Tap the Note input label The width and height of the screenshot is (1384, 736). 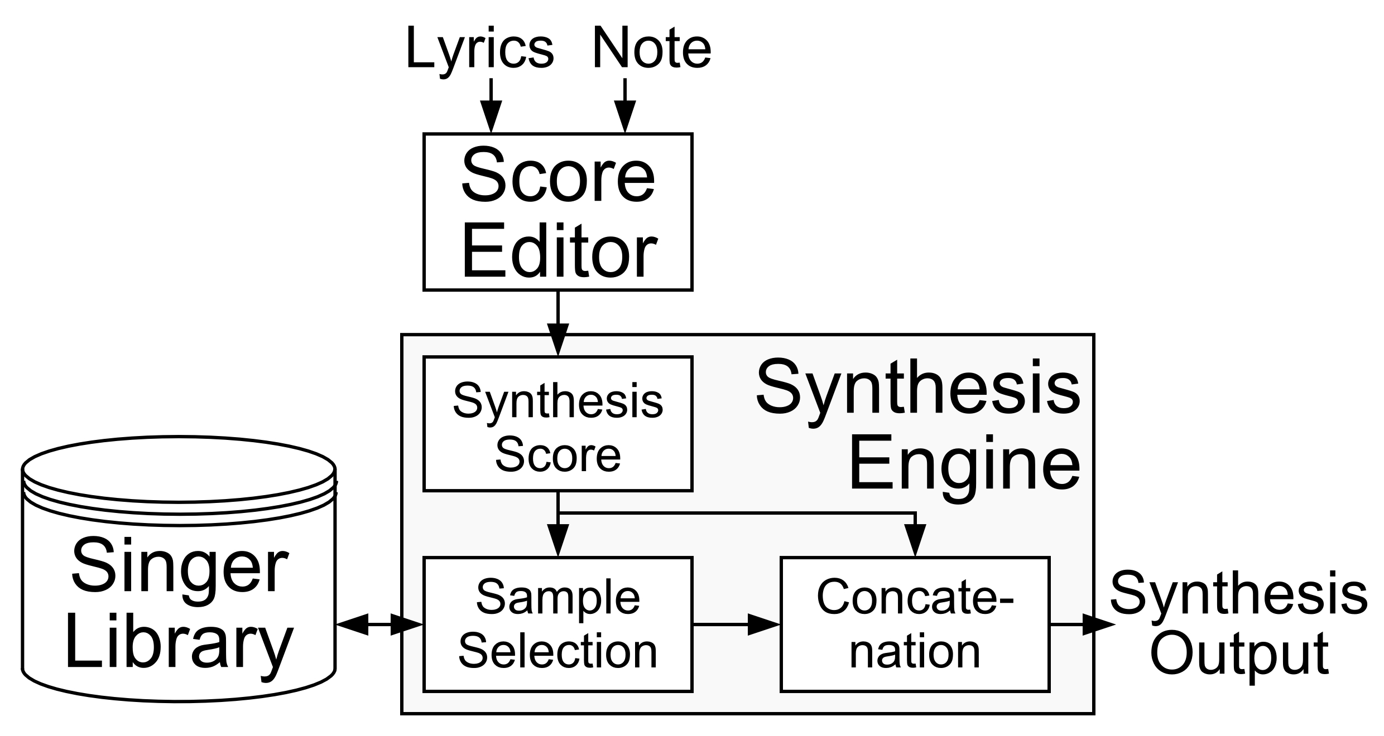651,49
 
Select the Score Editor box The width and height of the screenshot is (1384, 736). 558,212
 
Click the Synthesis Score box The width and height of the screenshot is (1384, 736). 558,424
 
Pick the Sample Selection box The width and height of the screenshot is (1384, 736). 558,624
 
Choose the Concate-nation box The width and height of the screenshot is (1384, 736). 915,624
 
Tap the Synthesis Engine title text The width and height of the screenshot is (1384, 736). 918,424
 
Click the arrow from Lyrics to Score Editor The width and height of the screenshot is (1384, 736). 491,106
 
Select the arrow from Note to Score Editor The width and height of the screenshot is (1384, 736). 625,106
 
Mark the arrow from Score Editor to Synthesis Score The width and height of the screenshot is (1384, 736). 558,323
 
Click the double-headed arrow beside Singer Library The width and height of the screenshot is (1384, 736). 379,624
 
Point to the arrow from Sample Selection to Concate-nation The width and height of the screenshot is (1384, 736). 736,624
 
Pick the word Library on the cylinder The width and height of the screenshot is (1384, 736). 179,647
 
